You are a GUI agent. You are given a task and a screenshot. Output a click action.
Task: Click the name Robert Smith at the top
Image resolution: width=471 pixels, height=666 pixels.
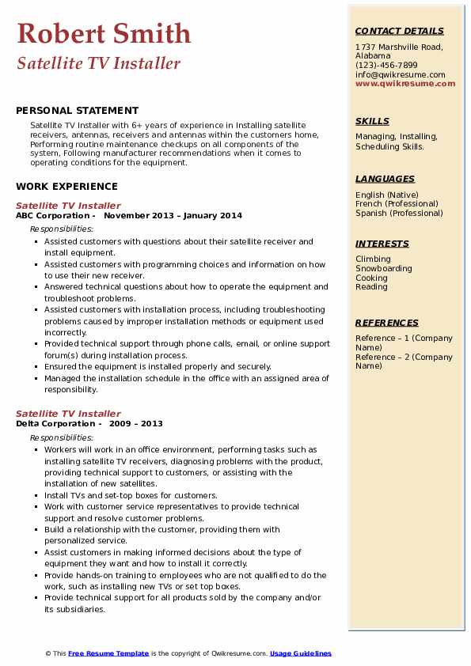[x=104, y=34]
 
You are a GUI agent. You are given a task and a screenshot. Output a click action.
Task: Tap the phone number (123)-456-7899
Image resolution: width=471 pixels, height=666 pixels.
[x=386, y=66]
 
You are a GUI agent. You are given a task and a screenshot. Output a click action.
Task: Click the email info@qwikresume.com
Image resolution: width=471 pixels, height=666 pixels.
[x=400, y=74]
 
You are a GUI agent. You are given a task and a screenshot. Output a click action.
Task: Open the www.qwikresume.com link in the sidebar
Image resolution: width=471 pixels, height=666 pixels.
[x=405, y=83]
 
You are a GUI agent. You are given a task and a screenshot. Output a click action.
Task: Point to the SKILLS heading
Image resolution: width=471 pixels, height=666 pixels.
[x=372, y=121]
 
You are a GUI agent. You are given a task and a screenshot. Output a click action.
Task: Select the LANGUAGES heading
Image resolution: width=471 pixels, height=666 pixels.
[x=385, y=179]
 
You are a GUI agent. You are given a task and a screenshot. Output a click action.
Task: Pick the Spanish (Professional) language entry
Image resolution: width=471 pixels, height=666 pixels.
[x=399, y=213]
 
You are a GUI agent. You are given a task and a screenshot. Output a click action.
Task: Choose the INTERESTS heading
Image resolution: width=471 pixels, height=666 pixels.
[x=382, y=244]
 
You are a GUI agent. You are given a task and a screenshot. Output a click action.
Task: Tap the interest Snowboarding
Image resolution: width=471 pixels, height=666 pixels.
[x=384, y=268]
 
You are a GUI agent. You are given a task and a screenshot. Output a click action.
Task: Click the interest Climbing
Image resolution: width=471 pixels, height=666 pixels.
[x=373, y=259]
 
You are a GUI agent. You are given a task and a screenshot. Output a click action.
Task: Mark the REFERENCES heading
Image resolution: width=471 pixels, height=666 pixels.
[x=387, y=323]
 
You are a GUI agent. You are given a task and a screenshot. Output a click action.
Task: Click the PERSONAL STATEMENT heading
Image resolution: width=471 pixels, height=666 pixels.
[x=77, y=111]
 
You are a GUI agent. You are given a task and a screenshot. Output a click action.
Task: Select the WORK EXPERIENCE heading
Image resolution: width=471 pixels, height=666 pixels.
[x=66, y=187]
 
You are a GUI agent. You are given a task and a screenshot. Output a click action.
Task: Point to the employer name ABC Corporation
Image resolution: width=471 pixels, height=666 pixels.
[x=53, y=215]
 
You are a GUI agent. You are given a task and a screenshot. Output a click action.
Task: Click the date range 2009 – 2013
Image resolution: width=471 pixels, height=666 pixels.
[x=136, y=423]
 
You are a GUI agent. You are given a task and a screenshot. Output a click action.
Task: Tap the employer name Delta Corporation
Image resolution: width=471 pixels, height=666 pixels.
[x=55, y=423]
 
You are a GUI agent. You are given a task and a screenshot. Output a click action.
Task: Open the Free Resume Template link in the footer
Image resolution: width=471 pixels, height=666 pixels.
[x=108, y=653]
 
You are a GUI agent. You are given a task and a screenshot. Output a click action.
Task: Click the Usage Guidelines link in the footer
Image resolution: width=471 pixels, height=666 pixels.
[x=301, y=653]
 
